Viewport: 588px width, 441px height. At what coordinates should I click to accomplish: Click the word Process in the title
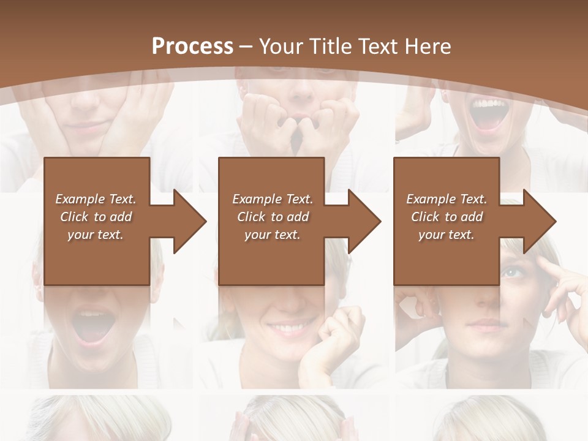192,46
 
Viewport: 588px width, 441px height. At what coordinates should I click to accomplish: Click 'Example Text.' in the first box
96,199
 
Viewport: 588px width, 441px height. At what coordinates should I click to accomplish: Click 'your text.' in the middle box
272,235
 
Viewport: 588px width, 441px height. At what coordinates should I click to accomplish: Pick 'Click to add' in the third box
447,217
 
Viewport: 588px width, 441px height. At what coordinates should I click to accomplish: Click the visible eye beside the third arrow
511,271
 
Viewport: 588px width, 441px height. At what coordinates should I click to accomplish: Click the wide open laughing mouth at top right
488,115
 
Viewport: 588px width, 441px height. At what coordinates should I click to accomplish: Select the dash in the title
246,47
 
